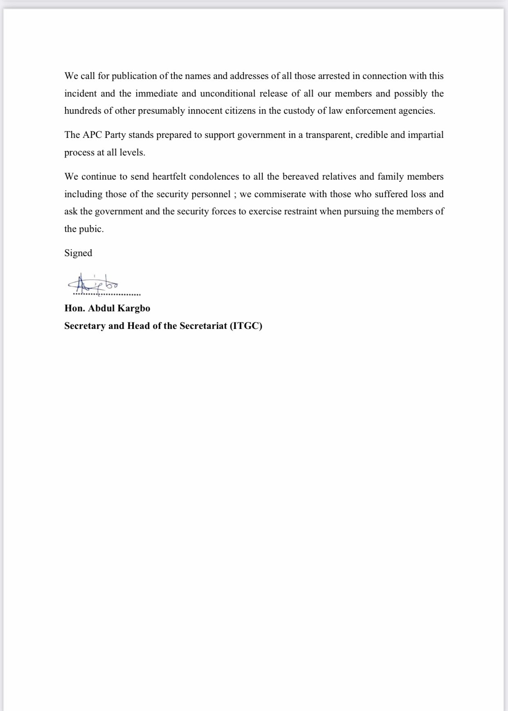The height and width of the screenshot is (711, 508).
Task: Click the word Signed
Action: (x=78, y=253)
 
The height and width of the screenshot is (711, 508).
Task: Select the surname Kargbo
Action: (x=133, y=308)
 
